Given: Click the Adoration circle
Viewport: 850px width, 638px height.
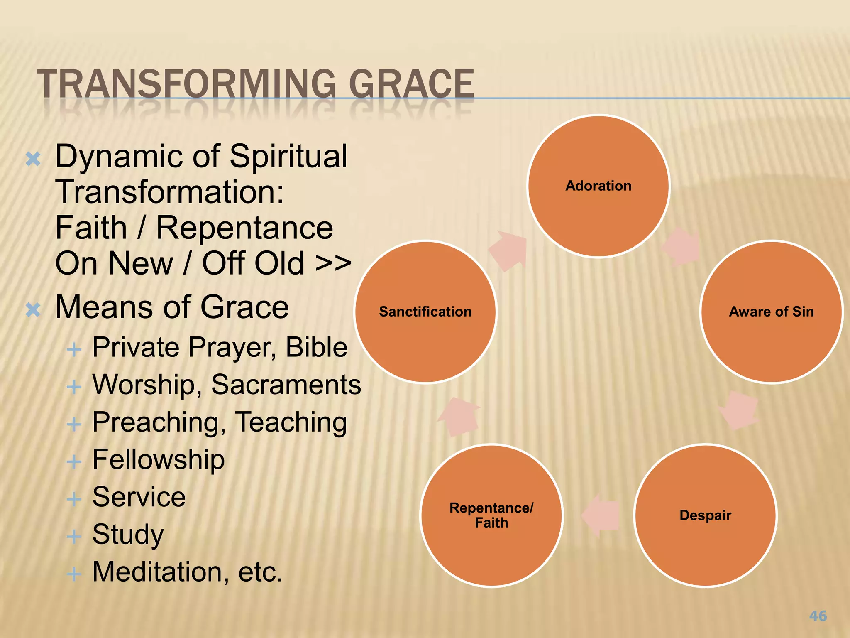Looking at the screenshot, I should coord(598,186).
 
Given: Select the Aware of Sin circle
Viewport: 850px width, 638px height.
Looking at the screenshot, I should coord(771,312).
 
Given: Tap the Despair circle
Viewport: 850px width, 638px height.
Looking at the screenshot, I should coord(705,515).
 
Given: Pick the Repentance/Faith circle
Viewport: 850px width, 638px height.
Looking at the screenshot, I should coord(491,515).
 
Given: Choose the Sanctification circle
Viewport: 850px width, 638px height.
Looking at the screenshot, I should coord(425,312).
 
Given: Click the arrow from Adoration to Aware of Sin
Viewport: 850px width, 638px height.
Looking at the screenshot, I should coord(681,248).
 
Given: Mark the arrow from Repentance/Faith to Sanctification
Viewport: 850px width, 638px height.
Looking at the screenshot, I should coord(459,417).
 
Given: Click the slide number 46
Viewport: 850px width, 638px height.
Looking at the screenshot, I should coord(818,616).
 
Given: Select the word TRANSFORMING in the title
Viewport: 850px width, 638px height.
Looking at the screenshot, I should coord(186,84).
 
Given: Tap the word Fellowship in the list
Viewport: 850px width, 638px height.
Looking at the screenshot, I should coord(158,459).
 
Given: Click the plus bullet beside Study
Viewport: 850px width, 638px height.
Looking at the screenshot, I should coord(74,536).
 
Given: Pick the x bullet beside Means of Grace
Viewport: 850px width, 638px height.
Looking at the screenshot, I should coord(33,309).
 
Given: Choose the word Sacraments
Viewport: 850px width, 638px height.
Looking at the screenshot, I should coord(286,385).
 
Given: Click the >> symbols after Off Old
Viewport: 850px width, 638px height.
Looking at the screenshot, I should coord(333,263).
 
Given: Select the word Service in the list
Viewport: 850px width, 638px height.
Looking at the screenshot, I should coord(139,497).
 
